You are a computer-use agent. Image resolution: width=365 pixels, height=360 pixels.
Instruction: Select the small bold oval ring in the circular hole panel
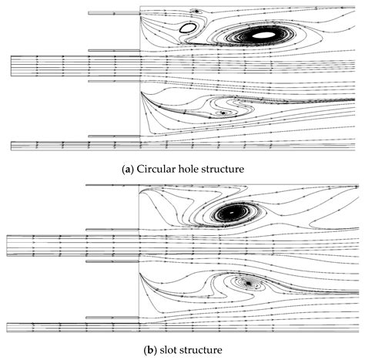(x=186, y=28)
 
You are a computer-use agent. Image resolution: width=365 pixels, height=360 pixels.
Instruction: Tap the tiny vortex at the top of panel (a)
(x=196, y=12)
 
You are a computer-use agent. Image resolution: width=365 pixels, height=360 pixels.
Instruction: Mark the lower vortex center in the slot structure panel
(x=248, y=284)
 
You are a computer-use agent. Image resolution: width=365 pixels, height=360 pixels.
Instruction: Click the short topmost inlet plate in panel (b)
(x=112, y=186)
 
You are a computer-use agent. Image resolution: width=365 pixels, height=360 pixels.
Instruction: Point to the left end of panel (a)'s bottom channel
(x=13, y=144)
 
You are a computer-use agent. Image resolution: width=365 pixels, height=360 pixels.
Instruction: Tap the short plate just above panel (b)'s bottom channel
(x=112, y=317)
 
